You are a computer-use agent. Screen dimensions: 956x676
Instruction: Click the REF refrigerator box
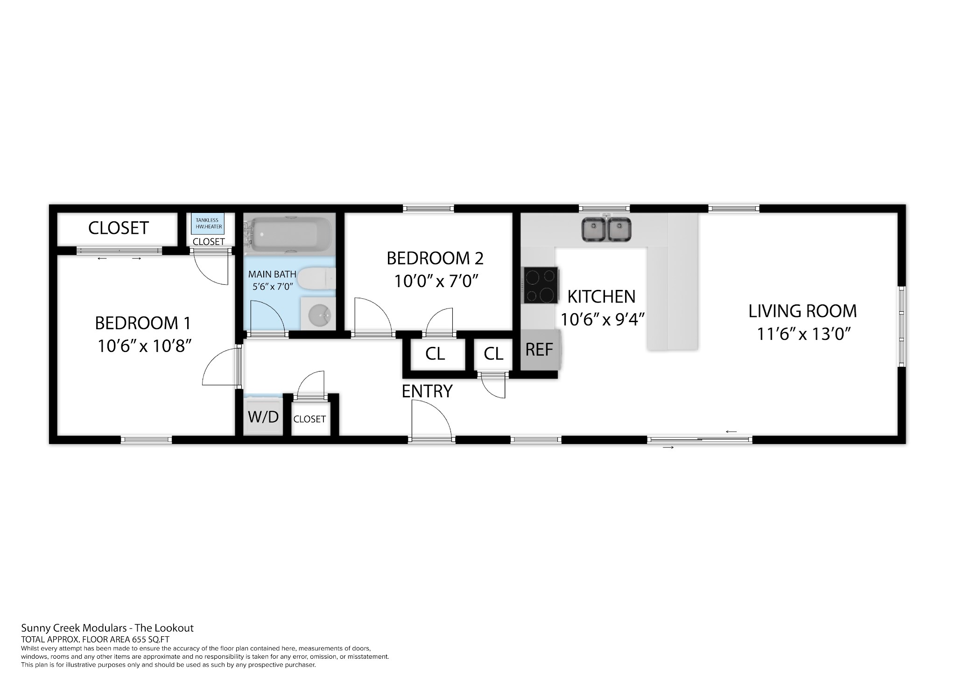tap(540, 350)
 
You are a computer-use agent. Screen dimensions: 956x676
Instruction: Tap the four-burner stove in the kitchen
tap(541, 285)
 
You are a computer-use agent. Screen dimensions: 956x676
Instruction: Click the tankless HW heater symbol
tap(207, 223)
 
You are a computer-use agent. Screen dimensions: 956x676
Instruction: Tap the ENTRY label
tap(427, 391)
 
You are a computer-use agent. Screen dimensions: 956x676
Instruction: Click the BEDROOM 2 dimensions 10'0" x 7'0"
tap(436, 281)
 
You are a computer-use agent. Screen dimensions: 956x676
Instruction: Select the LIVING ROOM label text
tap(802, 311)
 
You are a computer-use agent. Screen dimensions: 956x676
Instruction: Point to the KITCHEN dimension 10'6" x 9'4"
tap(603, 320)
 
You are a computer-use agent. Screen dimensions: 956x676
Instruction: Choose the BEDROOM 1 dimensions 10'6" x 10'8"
tap(145, 346)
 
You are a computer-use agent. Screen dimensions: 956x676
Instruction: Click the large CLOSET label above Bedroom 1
tap(119, 228)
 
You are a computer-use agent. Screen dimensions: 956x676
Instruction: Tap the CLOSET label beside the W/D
tap(309, 419)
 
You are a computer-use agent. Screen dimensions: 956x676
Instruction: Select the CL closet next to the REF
tap(493, 354)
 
